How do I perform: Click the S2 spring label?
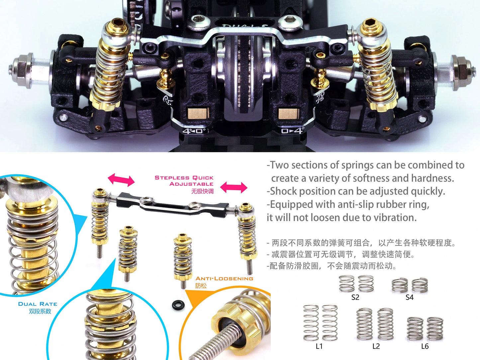pyautogui.click(x=355, y=297)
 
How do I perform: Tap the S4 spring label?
pyautogui.click(x=409, y=297)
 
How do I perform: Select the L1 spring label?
pyautogui.click(x=319, y=346)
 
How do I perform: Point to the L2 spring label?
pyautogui.click(x=376, y=346)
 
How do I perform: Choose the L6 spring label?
pyautogui.click(x=425, y=346)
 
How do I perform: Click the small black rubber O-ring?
pyautogui.click(x=178, y=305)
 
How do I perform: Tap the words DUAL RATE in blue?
pyautogui.click(x=38, y=304)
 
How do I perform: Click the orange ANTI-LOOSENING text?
pyautogui.click(x=224, y=279)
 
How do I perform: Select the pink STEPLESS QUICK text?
pyautogui.click(x=184, y=177)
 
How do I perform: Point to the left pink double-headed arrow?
pyautogui.click(x=121, y=180)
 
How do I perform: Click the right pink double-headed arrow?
pyautogui.click(x=234, y=188)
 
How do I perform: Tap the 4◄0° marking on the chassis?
pyautogui.click(x=194, y=131)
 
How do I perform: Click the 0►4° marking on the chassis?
pyautogui.click(x=293, y=131)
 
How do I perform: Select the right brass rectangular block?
pyautogui.click(x=289, y=114)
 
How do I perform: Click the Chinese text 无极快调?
pyautogui.click(x=202, y=191)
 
